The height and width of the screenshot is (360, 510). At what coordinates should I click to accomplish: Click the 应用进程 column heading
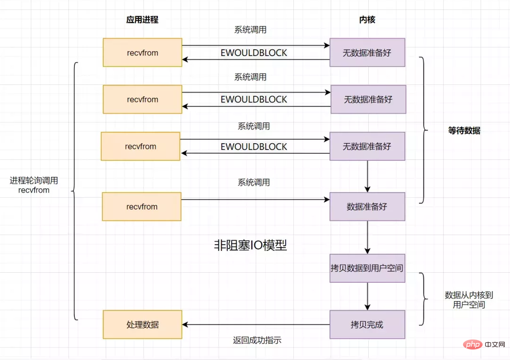pyautogui.click(x=143, y=19)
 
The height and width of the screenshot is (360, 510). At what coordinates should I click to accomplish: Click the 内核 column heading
pyautogui.click(x=367, y=19)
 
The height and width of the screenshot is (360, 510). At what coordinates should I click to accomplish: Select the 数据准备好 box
pyautogui.click(x=367, y=207)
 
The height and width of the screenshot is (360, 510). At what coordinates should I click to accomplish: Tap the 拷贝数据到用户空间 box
pyautogui.click(x=367, y=268)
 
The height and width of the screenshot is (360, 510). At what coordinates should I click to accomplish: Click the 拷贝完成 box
pyautogui.click(x=367, y=324)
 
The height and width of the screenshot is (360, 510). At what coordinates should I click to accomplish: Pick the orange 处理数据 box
pyautogui.click(x=143, y=324)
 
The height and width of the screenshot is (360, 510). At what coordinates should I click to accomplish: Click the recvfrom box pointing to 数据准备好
pyautogui.click(x=142, y=207)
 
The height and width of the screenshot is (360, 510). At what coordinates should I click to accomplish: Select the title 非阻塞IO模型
pyautogui.click(x=250, y=245)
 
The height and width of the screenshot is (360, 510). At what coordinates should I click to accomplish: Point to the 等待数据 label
pyautogui.click(x=464, y=130)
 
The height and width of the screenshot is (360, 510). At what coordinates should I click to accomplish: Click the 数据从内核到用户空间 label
pyautogui.click(x=469, y=300)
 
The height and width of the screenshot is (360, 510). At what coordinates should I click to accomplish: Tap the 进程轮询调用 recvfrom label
pyautogui.click(x=34, y=185)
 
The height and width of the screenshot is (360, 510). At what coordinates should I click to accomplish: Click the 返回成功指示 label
pyautogui.click(x=257, y=341)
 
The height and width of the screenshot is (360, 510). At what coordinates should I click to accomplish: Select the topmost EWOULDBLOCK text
pyautogui.click(x=254, y=53)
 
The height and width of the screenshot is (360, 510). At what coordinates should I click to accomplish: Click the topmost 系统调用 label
pyautogui.click(x=250, y=29)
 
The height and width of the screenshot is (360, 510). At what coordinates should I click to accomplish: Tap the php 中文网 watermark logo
pyautogui.click(x=484, y=344)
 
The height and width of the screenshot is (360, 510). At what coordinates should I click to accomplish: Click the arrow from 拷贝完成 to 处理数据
pyautogui.click(x=256, y=324)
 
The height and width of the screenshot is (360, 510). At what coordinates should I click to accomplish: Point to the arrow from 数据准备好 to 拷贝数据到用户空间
pyautogui.click(x=367, y=237)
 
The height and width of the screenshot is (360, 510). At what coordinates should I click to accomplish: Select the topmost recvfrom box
pyautogui.click(x=143, y=52)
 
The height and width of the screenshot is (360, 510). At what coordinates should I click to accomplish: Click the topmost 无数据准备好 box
pyautogui.click(x=367, y=52)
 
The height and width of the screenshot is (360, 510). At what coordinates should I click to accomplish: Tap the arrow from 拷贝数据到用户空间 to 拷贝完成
pyautogui.click(x=367, y=296)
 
